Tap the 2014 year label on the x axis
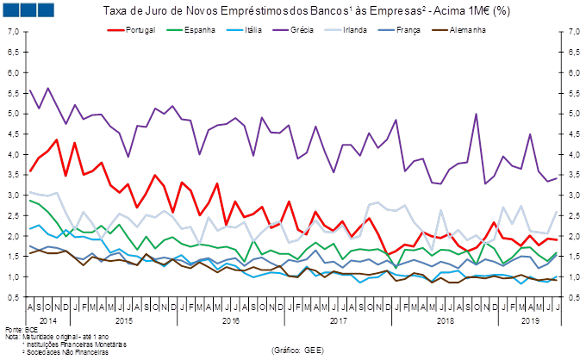pyautogui.click(x=49, y=320)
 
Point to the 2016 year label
pyautogui.click(x=231, y=320)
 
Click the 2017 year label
pyautogui.click(x=338, y=320)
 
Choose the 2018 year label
pyautogui.click(x=445, y=320)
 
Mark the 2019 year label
pyautogui.click(x=531, y=320)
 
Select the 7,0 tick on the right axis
pyautogui.click(x=570, y=32)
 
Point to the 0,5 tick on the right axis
pyautogui.click(x=570, y=297)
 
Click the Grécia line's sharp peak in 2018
pyautogui.click(x=476, y=114)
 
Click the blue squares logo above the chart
pyautogui.click(x=29, y=9)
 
